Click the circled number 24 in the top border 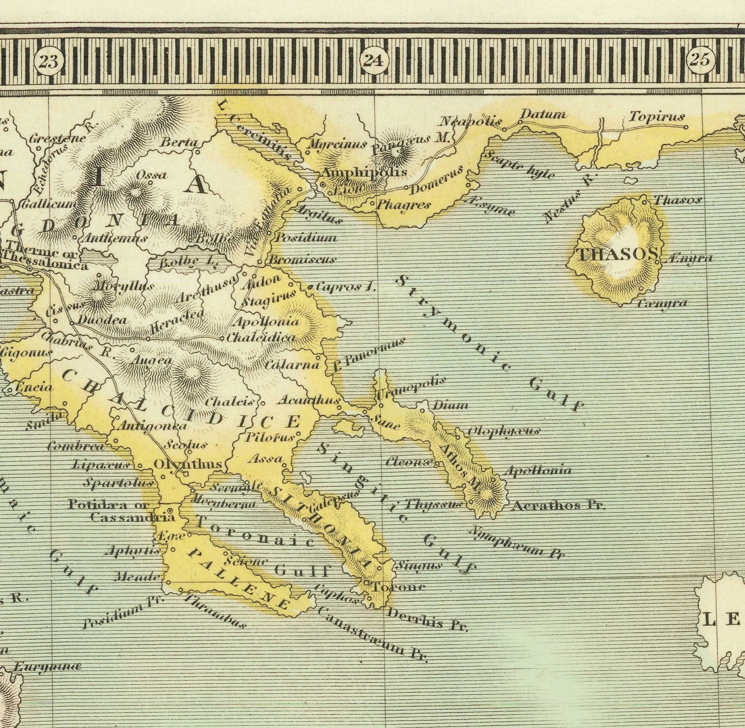(x=374, y=60)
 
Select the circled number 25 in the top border (x=700, y=60)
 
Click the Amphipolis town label (x=364, y=172)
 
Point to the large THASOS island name (x=616, y=254)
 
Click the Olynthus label (x=188, y=464)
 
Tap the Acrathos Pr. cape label (x=559, y=506)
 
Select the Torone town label (x=399, y=586)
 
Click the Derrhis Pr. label (x=427, y=619)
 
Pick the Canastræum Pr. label (x=373, y=635)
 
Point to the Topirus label (x=656, y=116)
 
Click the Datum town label (x=543, y=114)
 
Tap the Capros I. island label (x=346, y=286)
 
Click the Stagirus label (x=269, y=299)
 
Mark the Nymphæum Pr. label (x=516, y=541)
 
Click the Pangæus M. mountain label (x=410, y=143)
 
